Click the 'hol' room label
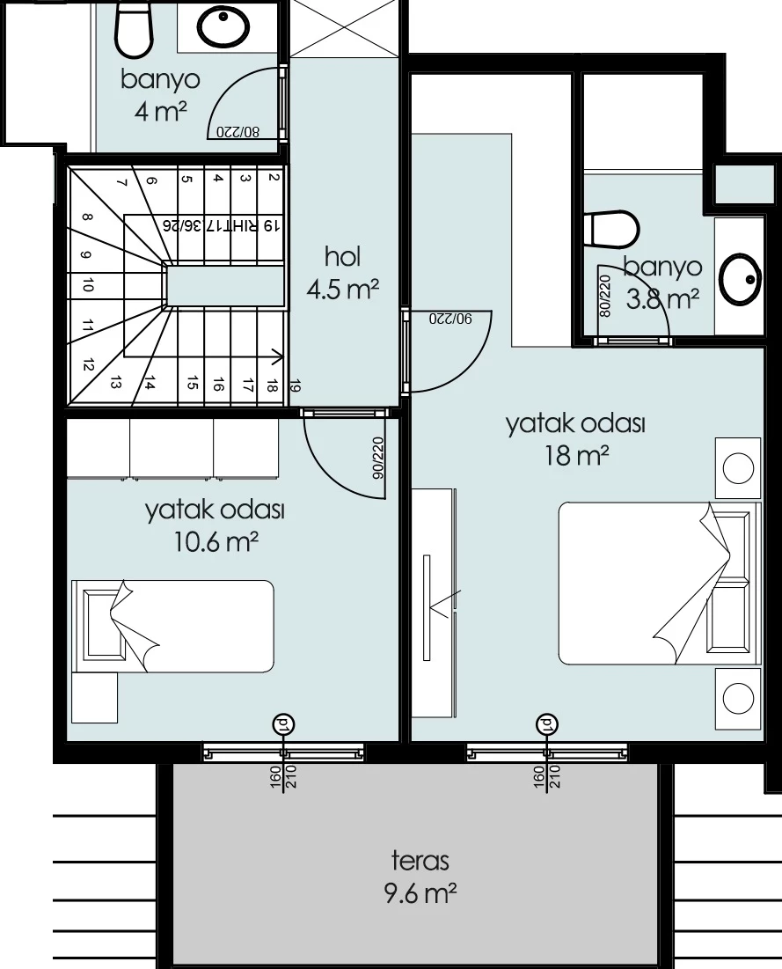(343, 256)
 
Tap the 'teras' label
(420, 860)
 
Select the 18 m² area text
(576, 456)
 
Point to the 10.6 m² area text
(215, 542)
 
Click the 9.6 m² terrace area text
(420, 893)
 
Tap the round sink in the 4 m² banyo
(223, 26)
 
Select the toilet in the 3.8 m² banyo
(614, 229)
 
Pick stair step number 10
(88, 285)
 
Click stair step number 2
(273, 178)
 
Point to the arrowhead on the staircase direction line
(279, 356)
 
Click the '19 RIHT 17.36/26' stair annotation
(221, 225)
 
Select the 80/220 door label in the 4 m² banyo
(238, 132)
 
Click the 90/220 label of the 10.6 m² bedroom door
(378, 459)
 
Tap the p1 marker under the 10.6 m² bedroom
(283, 723)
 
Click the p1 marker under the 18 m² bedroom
(546, 723)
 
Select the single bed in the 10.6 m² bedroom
(173, 626)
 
